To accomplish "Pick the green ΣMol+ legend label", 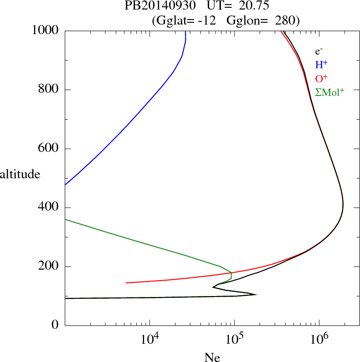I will coord(330,92).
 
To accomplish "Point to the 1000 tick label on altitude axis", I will coord(46,30).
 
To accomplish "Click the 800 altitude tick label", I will coord(49,90).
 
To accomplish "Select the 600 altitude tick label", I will coord(49,149).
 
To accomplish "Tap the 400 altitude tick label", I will coord(49,208).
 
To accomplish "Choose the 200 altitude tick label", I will coord(49,266).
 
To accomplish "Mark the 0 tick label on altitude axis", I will coord(56,326).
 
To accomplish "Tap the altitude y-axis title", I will coord(20,174).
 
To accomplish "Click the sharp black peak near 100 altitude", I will coord(256,295).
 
